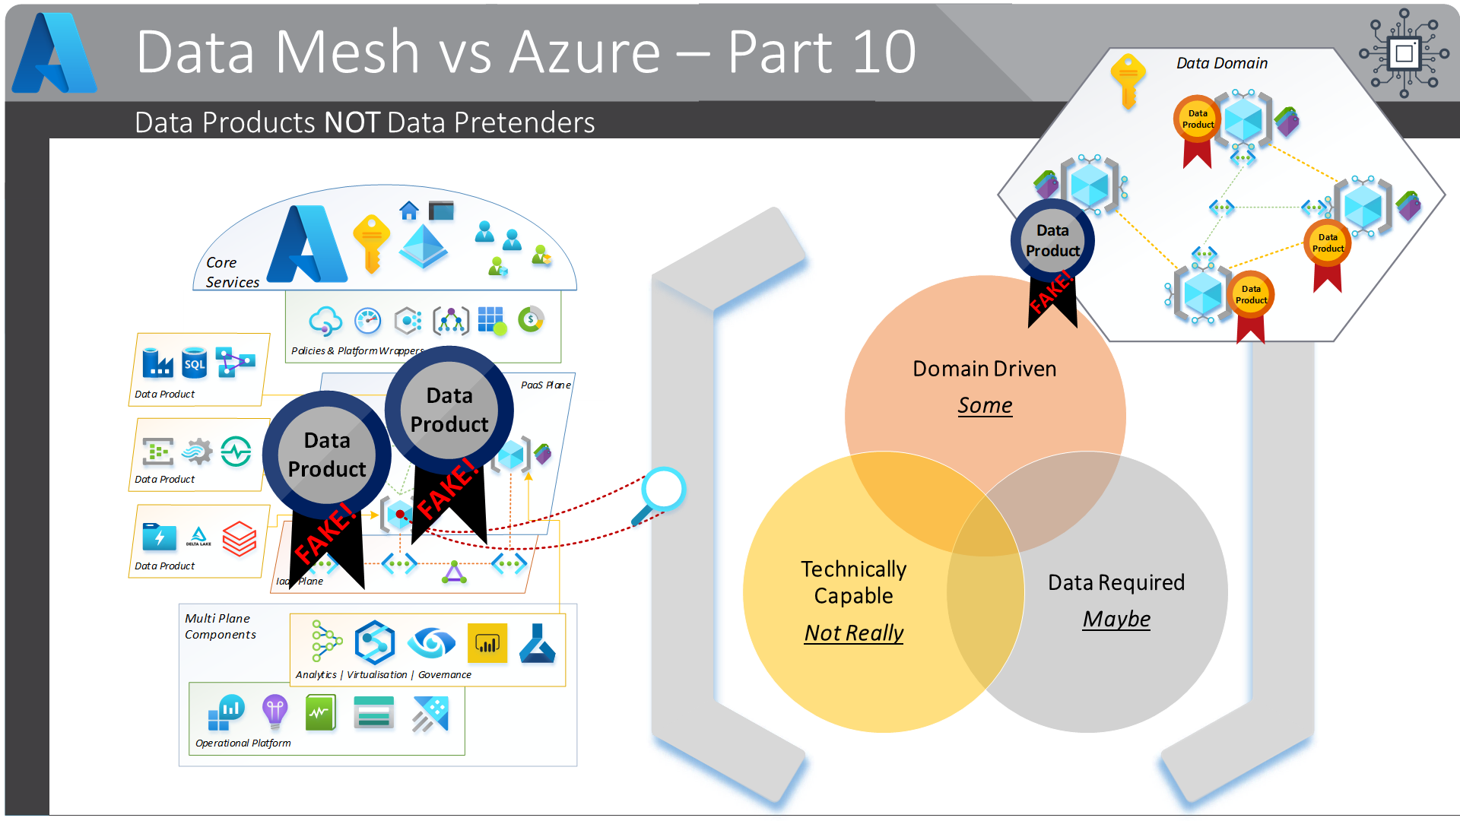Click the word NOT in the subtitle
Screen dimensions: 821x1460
tap(351, 122)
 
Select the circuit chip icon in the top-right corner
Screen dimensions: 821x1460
tap(1404, 53)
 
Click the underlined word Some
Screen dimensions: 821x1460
tap(985, 405)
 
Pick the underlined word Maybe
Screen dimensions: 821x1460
tap(1116, 619)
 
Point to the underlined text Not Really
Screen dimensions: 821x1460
tap(854, 632)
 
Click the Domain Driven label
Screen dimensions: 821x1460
tap(985, 369)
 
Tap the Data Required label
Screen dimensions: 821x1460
tap(1116, 582)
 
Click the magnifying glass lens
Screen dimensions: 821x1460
tap(664, 489)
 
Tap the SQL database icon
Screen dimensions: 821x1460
tap(195, 363)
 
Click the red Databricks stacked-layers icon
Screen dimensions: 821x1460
tap(240, 538)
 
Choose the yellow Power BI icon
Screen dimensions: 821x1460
tap(487, 643)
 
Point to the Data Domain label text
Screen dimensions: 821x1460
tap(1222, 63)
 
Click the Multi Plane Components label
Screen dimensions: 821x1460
tap(220, 626)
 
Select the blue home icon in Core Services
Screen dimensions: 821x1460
tap(409, 211)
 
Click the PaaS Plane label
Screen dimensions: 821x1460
tap(545, 385)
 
